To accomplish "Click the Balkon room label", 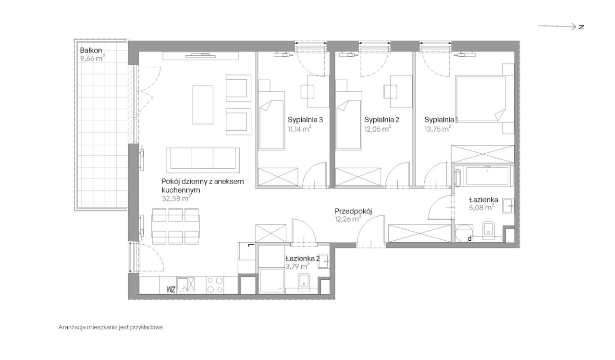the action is pos(91,50).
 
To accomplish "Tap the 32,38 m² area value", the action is pos(176,199).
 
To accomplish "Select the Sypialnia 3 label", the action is pos(305,120).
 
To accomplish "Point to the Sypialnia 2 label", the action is pos(381,120).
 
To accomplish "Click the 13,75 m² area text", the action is pos(438,129).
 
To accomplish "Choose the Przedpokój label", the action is pos(353,211).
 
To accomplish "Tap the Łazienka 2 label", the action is pos(303,259).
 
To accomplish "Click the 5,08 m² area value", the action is pos(481,207).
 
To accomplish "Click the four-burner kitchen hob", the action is pos(215,285).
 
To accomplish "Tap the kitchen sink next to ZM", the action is pos(185,284).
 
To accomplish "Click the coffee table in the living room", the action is pos(203,105).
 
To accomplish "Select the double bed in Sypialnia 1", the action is pos(480,99).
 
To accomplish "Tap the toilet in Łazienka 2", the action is pos(304,282).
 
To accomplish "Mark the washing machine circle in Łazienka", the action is pos(464,233).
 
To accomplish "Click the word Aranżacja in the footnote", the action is pos(72,327).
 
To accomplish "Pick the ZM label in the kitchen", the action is pos(171,289).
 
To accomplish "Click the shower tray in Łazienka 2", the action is pos(271,280).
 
